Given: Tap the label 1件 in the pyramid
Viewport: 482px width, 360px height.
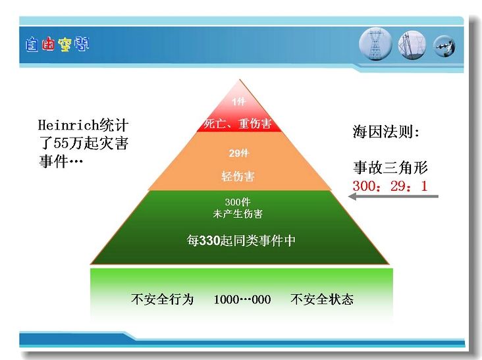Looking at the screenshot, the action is (238, 101).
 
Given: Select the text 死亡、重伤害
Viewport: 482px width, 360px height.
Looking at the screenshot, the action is (238, 124).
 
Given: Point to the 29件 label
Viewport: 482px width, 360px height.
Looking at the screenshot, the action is (239, 153).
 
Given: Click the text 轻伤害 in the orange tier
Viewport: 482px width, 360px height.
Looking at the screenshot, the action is (238, 176).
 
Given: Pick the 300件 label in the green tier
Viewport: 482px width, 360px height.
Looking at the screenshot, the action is (238, 202).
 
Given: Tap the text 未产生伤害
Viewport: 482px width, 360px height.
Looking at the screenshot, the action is (238, 213).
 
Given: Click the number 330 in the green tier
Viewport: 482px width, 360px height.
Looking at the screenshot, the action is (210, 240).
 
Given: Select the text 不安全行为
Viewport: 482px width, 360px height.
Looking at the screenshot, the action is (162, 299).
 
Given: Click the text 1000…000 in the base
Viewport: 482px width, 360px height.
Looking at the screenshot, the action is (242, 299).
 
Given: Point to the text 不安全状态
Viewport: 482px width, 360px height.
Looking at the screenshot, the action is (322, 299).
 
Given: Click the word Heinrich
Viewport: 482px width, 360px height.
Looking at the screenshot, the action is (68, 125).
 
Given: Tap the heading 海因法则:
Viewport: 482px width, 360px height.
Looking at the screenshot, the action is (386, 132).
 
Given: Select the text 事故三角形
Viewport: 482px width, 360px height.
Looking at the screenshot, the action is (390, 167).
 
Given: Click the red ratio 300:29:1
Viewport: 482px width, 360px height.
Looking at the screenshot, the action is (390, 186).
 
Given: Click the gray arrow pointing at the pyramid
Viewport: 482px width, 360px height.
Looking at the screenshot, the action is (393, 196).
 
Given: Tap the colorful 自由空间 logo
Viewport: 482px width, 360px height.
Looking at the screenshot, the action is (57, 45).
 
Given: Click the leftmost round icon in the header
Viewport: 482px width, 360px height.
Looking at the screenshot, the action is (375, 44).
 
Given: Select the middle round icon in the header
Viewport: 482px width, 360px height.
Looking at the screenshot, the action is (412, 45).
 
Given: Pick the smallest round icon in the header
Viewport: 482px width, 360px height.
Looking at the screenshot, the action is (444, 46).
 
